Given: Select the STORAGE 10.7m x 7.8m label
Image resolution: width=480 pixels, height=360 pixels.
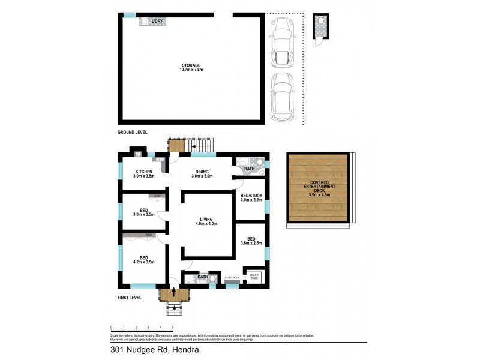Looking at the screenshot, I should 191,67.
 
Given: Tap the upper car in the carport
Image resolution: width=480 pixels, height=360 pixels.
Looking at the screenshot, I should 281,43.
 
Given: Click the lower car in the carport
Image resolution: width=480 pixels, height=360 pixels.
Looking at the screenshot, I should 281,98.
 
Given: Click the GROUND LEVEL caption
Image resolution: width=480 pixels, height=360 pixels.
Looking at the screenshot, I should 133,131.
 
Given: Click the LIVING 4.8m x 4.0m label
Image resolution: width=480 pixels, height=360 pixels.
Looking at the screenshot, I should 206,221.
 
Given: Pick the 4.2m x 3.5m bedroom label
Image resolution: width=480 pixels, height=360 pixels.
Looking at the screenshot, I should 143,260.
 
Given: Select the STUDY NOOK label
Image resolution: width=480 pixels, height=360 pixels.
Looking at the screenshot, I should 232,278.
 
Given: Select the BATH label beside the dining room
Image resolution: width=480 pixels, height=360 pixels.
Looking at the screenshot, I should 248,169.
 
